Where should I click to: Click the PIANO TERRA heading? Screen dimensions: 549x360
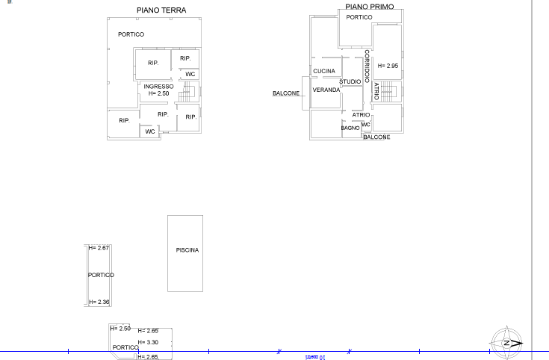click(x=161, y=10)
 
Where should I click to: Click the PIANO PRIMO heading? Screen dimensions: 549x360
click(x=370, y=7)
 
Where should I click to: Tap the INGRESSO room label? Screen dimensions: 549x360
click(x=158, y=87)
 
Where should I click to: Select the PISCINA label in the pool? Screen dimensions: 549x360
click(x=187, y=250)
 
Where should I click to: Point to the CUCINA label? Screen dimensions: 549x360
click(x=324, y=71)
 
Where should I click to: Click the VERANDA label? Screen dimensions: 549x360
click(x=326, y=90)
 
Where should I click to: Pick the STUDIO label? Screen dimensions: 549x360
click(x=350, y=81)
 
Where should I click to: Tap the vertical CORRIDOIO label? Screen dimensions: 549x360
click(x=367, y=66)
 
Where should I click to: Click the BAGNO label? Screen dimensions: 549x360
click(x=350, y=128)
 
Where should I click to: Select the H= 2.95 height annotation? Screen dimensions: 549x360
click(x=388, y=66)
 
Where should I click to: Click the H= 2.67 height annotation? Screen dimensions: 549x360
click(x=99, y=248)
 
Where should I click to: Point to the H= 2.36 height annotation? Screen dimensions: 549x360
click(x=99, y=302)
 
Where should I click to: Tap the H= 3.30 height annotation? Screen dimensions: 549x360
click(x=148, y=342)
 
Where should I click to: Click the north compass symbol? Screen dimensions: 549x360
click(x=506, y=343)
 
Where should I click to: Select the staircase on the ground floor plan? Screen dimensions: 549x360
click(x=187, y=92)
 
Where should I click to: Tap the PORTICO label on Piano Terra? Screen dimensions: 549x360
click(x=131, y=34)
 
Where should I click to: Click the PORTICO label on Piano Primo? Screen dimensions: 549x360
click(x=359, y=17)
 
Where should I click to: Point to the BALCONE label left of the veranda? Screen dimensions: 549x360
click(x=286, y=93)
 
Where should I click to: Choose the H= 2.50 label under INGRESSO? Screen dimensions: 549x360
click(x=158, y=93)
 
